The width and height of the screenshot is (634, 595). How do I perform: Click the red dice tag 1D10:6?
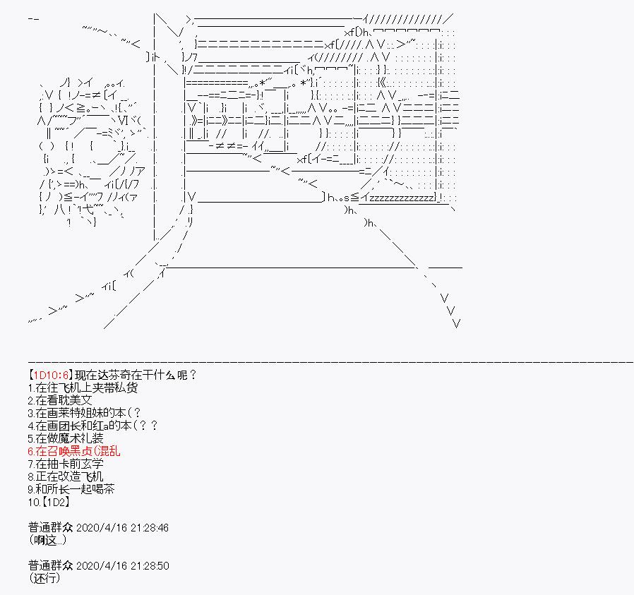[51, 375]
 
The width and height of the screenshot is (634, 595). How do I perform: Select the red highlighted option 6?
[74, 451]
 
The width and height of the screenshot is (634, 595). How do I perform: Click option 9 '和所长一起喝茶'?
[72, 489]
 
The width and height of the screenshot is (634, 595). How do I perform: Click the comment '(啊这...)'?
[49, 541]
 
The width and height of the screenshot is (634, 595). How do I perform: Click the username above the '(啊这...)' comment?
[49, 528]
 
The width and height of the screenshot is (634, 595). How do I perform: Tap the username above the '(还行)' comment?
[49, 565]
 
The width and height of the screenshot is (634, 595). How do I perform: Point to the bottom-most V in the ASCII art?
[456, 324]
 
